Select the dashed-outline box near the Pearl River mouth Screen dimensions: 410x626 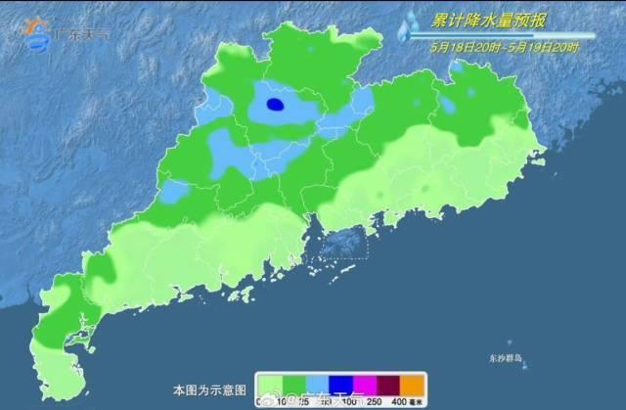343,244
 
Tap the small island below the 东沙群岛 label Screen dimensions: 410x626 522,369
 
